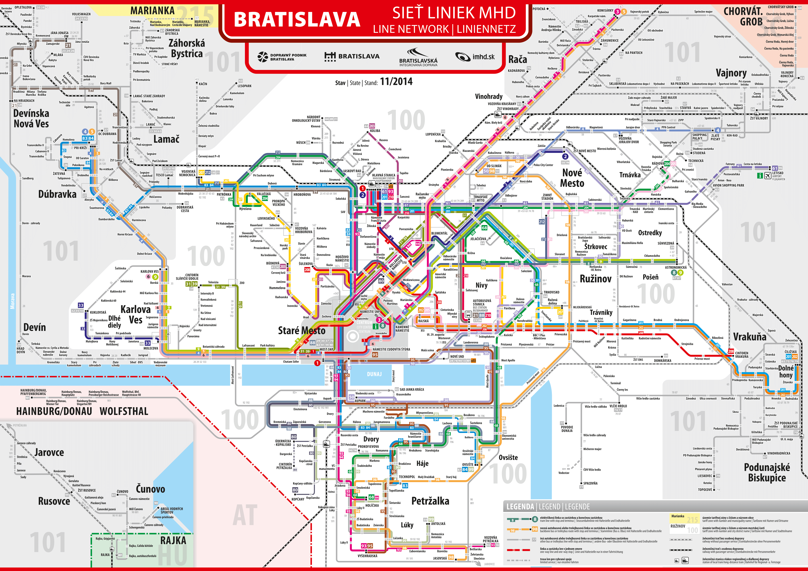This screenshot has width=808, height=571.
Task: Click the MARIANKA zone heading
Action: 152,11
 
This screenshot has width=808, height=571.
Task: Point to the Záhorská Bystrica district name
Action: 187,48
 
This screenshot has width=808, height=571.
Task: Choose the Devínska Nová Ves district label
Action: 31,118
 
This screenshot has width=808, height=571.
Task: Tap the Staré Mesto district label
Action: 302,331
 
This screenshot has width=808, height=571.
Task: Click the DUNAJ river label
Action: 374,374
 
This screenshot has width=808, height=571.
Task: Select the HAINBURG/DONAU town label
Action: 54,411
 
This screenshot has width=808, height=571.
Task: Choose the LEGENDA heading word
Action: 520,507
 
